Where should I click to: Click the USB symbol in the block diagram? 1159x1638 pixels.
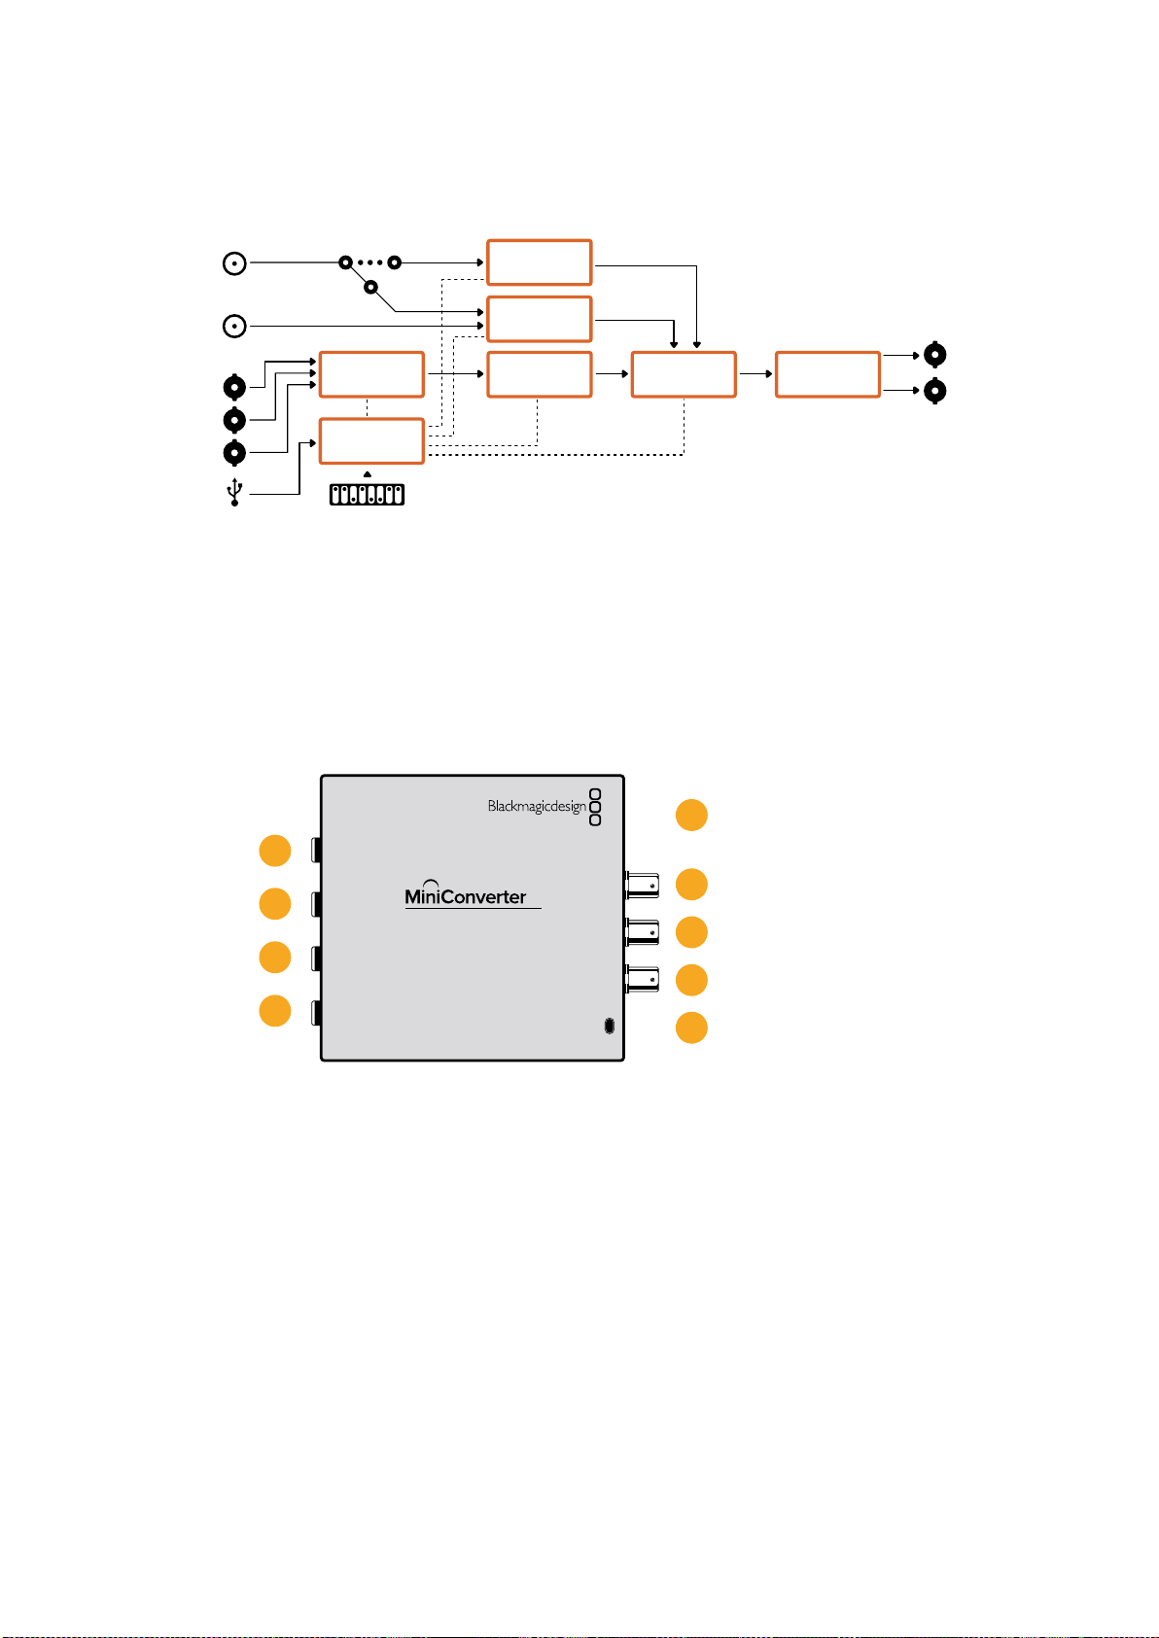pyautogui.click(x=234, y=492)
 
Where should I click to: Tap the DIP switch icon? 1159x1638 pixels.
pyautogui.click(x=368, y=495)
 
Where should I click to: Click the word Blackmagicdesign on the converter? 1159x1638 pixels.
pyautogui.click(x=537, y=806)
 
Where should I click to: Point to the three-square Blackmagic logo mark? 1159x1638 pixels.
pyautogui.click(x=595, y=807)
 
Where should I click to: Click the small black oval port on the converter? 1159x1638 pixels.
pyautogui.click(x=609, y=1026)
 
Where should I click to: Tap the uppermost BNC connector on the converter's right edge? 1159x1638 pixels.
pyautogui.click(x=642, y=885)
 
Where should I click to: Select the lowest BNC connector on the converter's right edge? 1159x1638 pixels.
pyautogui.click(x=642, y=979)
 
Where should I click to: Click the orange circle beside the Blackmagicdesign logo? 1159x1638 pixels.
pyautogui.click(x=691, y=815)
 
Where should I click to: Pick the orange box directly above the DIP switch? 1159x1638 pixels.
pyautogui.click(x=371, y=441)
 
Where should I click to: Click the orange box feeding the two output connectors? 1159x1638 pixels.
pyautogui.click(x=827, y=374)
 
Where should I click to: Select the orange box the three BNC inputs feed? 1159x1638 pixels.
pyautogui.click(x=371, y=374)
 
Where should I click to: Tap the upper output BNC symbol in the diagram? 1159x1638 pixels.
pyautogui.click(x=934, y=355)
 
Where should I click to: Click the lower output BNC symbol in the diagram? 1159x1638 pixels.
pyautogui.click(x=934, y=391)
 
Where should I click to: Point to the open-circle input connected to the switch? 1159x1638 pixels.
pyautogui.click(x=234, y=263)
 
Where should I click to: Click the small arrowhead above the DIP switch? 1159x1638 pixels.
pyautogui.click(x=368, y=474)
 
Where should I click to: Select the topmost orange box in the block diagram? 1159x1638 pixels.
pyautogui.click(x=540, y=261)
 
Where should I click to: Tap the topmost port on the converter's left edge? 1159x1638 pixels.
pyautogui.click(x=317, y=850)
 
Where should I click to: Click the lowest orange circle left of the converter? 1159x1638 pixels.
pyautogui.click(x=275, y=1011)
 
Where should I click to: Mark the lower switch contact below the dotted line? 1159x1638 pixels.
pyautogui.click(x=370, y=287)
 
